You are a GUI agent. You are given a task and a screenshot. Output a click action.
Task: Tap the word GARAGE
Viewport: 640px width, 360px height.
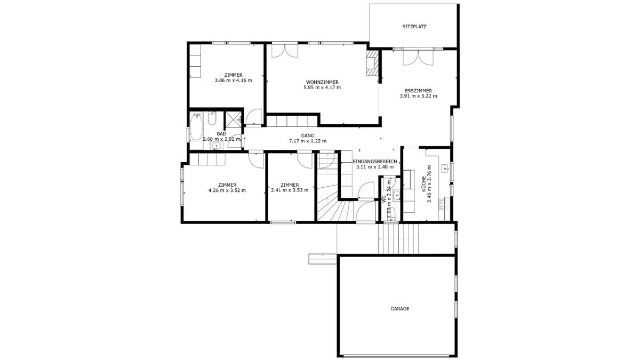click(399, 309)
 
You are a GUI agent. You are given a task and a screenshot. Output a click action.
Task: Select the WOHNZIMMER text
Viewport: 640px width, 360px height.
click(322, 82)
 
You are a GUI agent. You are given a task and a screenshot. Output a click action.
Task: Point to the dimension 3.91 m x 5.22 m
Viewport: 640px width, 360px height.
click(418, 96)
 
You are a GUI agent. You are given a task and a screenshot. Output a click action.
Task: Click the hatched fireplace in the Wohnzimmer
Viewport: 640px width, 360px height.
click(373, 63)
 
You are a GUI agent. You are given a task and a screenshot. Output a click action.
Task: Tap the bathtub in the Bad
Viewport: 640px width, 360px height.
click(196, 127)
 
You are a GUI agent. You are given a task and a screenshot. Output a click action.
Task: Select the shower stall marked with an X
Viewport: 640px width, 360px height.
click(233, 119)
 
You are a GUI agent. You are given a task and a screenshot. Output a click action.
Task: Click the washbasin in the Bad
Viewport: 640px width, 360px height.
click(217, 146)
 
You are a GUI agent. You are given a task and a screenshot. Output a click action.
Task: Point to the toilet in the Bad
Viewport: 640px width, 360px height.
click(212, 118)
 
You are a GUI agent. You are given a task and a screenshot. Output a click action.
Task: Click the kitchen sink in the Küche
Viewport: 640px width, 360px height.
click(445, 169)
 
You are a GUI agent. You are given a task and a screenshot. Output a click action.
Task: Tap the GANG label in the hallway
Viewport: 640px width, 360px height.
click(307, 135)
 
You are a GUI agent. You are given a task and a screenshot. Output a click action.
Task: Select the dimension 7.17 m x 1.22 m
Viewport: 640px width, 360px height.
click(308, 141)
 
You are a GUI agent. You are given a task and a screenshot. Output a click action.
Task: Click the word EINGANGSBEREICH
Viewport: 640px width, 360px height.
click(374, 162)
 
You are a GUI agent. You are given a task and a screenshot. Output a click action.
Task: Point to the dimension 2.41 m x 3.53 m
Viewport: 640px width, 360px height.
click(290, 190)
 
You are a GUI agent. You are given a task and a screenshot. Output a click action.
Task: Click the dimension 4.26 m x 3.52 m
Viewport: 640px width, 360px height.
click(227, 190)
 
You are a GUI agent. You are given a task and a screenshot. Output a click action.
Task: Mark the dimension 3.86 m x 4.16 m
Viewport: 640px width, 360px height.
click(234, 81)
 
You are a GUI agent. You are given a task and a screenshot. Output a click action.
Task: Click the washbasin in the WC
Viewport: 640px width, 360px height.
click(396, 195)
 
